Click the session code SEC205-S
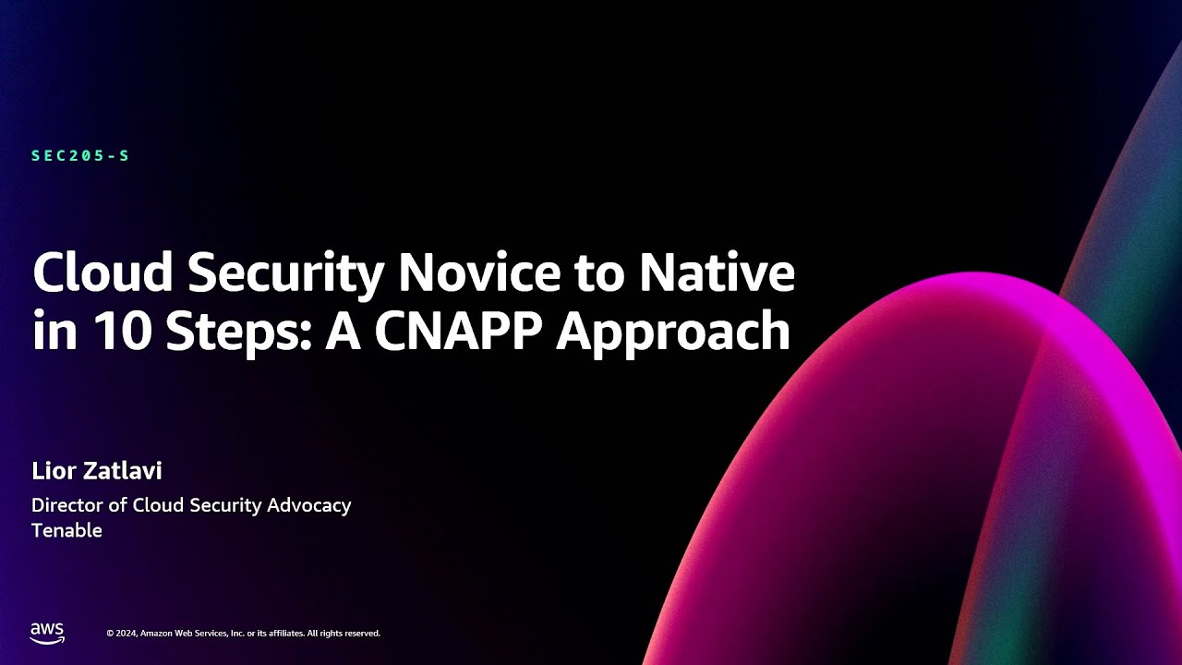[80, 156]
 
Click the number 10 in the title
[116, 331]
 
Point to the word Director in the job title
[66, 505]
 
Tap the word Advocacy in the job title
[308, 506]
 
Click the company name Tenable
[66, 531]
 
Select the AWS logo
[47, 632]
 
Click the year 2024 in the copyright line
[126, 634]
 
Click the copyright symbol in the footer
[110, 634]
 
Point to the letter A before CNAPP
[341, 331]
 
